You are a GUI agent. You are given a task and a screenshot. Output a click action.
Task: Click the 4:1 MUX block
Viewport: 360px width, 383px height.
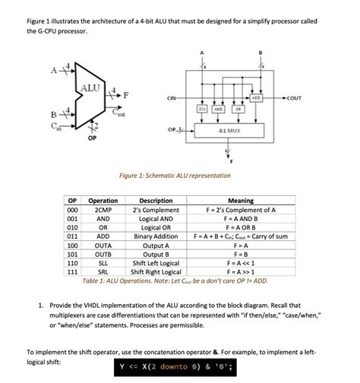click(226, 130)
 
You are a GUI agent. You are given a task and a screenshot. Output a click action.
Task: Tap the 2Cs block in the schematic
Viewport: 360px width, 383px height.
click(202, 109)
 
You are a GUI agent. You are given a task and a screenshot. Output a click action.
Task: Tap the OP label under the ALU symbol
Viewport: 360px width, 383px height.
click(92, 139)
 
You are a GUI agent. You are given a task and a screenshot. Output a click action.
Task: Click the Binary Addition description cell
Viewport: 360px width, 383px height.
click(156, 236)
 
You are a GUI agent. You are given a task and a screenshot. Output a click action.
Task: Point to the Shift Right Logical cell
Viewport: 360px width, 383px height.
click(156, 271)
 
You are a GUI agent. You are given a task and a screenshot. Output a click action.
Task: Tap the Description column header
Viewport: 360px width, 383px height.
click(156, 201)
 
